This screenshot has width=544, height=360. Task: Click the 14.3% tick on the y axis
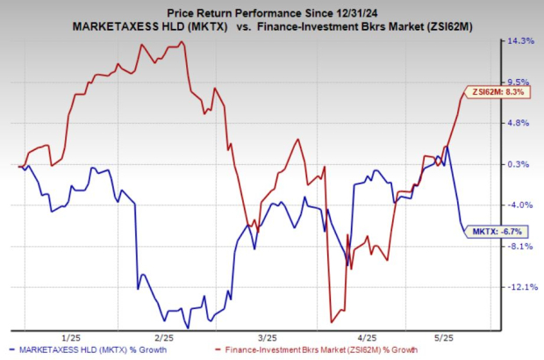(x=521, y=41)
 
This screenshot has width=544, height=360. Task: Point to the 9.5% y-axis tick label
(x=521, y=82)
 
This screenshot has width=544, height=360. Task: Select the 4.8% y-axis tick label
(x=521, y=123)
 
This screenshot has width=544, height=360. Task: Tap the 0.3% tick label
(x=521, y=164)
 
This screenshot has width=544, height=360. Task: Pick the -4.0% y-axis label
(x=521, y=205)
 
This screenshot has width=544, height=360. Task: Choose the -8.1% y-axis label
(x=521, y=246)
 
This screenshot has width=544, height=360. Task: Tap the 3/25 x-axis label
(x=267, y=337)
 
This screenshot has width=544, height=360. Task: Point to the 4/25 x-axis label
(x=368, y=337)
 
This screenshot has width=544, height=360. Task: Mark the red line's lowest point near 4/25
(x=331, y=321)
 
